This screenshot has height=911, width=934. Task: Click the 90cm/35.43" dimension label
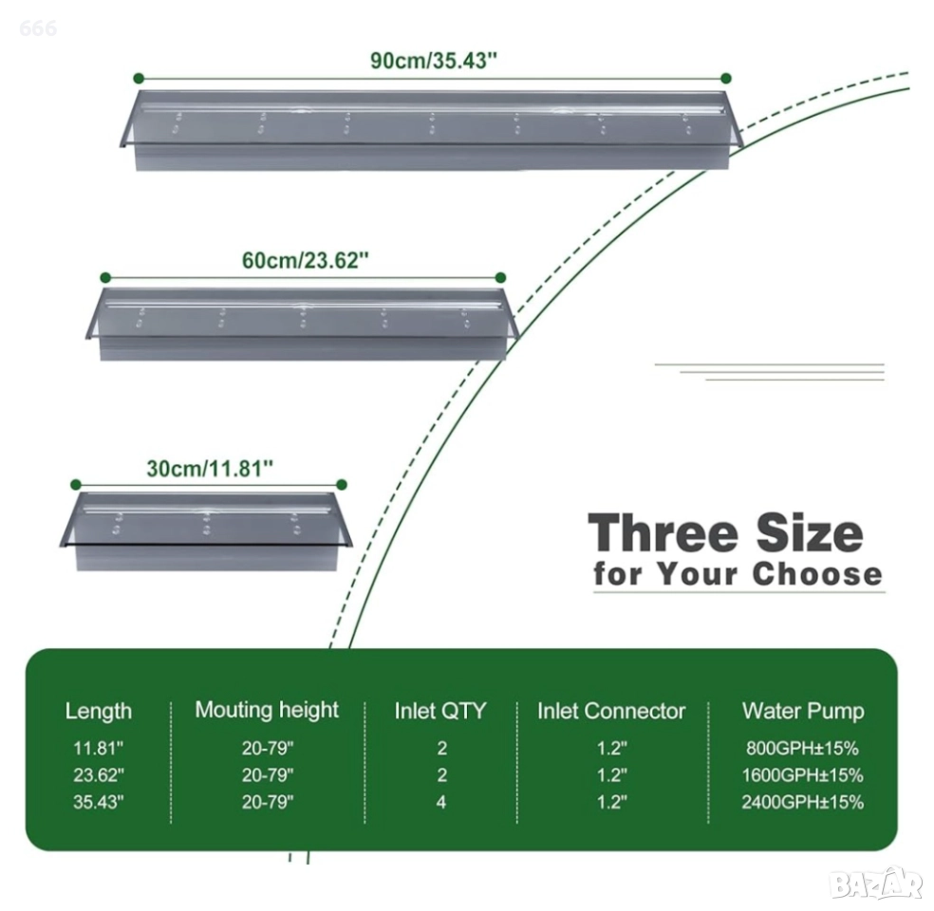coord(433,61)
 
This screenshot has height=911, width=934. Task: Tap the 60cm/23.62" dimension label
coord(305,261)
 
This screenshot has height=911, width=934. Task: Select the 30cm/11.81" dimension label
coord(210,469)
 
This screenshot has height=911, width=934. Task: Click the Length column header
coord(99,711)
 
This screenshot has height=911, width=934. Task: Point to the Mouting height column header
coord(267,710)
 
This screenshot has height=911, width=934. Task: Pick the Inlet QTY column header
coord(440,711)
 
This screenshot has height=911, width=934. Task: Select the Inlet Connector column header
coord(611,711)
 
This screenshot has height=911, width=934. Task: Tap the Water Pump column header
coord(803,711)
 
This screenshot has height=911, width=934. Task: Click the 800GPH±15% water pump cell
coord(802,748)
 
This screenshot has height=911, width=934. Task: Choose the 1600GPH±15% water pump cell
coord(802,775)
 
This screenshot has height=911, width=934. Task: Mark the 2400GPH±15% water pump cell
coord(802,802)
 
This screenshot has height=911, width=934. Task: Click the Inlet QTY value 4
coord(440,802)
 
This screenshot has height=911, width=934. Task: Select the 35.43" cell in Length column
coord(99,802)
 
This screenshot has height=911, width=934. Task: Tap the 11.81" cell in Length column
coord(99,748)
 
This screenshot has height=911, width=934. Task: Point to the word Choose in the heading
coord(816,574)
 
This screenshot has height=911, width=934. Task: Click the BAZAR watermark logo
coord(876,885)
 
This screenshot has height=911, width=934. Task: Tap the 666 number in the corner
coord(38,28)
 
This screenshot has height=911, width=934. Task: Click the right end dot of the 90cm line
coord(725,78)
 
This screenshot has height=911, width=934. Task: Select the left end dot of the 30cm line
coord(75,485)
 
